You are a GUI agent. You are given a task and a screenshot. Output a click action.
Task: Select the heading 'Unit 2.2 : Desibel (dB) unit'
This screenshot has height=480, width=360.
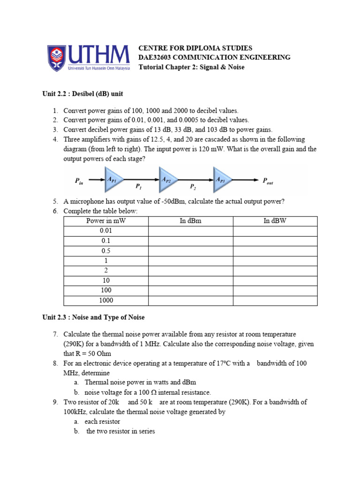click(x=82, y=94)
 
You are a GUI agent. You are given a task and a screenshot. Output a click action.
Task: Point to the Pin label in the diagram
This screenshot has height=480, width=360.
click(x=79, y=181)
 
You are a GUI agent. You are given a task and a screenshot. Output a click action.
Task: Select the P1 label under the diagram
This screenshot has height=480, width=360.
click(x=139, y=187)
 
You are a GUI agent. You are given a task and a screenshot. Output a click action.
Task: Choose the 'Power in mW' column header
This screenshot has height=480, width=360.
click(x=106, y=221)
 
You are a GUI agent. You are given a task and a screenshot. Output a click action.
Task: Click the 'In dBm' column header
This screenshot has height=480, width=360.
click(x=190, y=221)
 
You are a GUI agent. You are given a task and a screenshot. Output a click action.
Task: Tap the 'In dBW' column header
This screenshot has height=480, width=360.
click(x=275, y=221)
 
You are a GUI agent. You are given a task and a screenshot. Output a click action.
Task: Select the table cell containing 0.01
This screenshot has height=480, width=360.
click(x=106, y=231)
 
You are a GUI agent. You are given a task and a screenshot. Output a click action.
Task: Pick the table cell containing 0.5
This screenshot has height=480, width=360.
click(x=106, y=250)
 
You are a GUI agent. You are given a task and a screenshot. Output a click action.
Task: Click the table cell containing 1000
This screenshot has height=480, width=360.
click(x=106, y=300)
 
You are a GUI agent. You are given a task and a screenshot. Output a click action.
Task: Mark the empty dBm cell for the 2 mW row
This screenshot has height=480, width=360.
click(x=190, y=270)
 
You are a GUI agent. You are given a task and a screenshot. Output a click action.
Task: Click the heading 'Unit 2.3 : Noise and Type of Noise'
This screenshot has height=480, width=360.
click(x=93, y=317)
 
